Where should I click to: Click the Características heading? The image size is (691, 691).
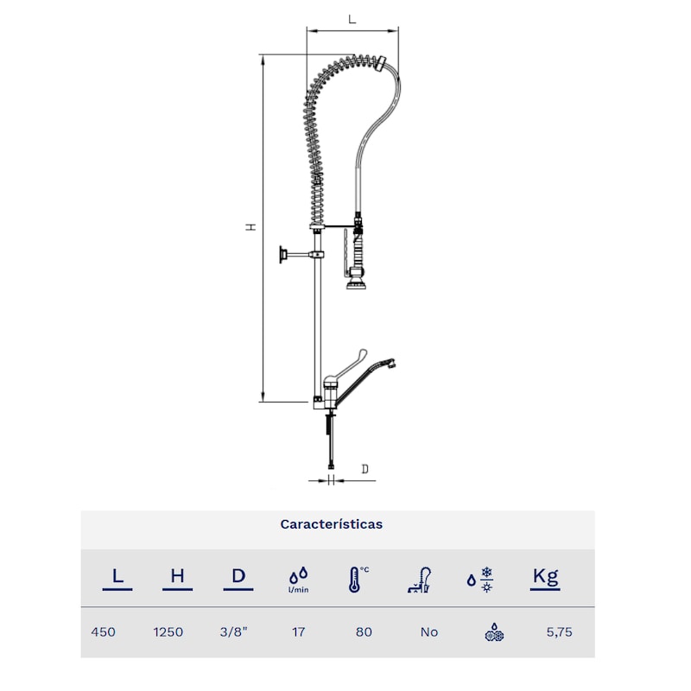tap(332, 524)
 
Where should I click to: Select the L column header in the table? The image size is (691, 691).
tap(117, 579)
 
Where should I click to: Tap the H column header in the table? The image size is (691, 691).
tap(177, 579)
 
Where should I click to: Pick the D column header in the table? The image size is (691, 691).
tap(238, 579)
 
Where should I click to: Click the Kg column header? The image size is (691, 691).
tap(545, 579)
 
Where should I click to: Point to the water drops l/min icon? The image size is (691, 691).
tap(298, 580)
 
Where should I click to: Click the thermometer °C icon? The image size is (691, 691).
tap(358, 579)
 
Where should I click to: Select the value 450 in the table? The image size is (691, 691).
tap(103, 632)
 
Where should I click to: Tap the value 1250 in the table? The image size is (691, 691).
tap(168, 632)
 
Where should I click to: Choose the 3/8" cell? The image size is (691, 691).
tap(233, 632)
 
